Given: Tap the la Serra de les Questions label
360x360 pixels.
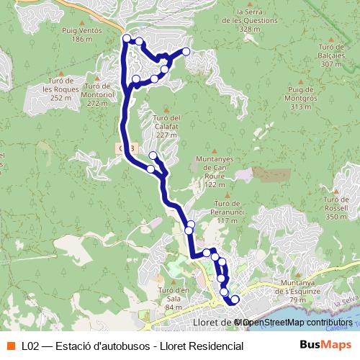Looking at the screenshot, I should click(240, 21).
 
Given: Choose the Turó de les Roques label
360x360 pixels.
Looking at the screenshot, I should click(57, 89).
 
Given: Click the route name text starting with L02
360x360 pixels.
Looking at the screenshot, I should click(132, 346).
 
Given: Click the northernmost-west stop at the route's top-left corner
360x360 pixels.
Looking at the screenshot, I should click(127, 38).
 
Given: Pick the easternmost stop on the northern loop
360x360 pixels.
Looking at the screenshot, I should click(186, 51).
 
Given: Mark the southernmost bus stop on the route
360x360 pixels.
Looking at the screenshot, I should click(235, 299).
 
